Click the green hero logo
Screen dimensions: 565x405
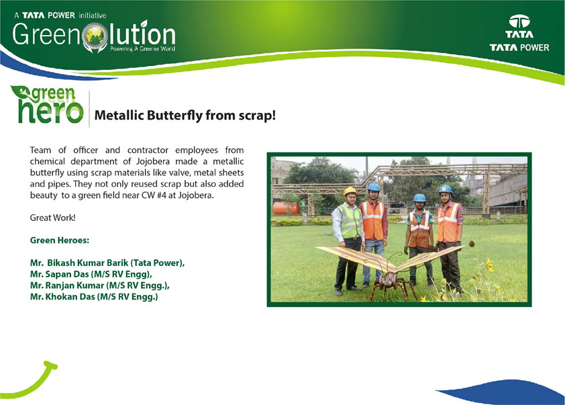pos(47,104)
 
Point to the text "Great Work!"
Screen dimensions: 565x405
pos(52,218)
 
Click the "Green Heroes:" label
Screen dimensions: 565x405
pos(60,240)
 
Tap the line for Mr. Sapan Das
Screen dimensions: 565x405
pos(91,274)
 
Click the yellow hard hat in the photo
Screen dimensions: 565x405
pos(350,191)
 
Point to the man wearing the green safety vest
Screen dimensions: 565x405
pos(347,239)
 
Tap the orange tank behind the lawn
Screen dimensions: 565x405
pos(286,208)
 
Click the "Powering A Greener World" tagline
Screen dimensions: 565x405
pos(143,48)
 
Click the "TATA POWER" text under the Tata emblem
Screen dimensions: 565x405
pos(519,48)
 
